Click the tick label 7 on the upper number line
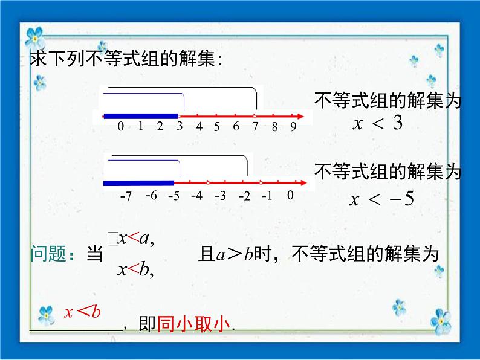(x=255, y=127)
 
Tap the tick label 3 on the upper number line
(x=180, y=127)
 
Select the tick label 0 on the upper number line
(x=121, y=127)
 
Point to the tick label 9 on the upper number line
(x=293, y=127)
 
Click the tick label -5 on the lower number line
(x=174, y=196)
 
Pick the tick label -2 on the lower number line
(x=244, y=196)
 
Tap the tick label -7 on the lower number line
(x=126, y=196)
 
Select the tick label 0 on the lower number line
(x=290, y=195)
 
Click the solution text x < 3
(x=377, y=124)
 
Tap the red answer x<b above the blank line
(x=82, y=312)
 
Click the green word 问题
(x=48, y=255)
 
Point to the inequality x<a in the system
(x=136, y=239)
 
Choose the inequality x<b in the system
(x=136, y=270)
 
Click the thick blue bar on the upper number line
(x=141, y=115)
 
